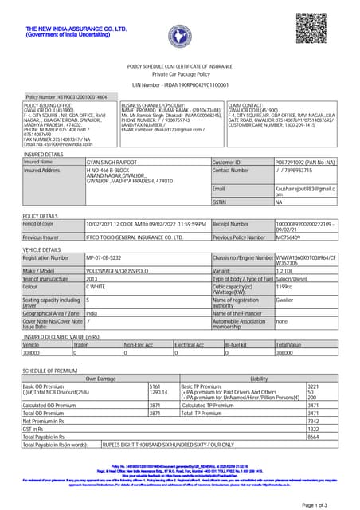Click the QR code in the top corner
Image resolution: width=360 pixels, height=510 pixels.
click(x=312, y=28)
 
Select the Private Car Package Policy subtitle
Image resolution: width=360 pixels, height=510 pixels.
click(x=179, y=74)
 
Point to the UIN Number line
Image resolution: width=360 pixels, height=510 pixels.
click(x=179, y=84)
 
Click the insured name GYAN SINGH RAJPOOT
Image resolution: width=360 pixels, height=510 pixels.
click(x=115, y=162)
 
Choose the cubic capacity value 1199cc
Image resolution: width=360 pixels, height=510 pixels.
click(x=286, y=288)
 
